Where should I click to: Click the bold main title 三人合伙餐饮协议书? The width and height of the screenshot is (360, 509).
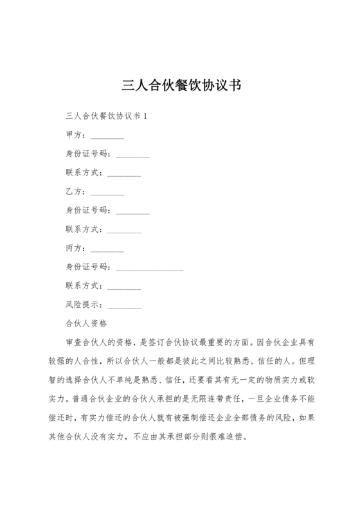click(x=180, y=85)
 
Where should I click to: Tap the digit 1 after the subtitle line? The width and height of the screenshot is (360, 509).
click(x=145, y=116)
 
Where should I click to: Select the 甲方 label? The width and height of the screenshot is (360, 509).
click(x=75, y=135)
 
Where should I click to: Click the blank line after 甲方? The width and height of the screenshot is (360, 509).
click(x=107, y=138)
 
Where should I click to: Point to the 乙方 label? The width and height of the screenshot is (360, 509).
click(x=75, y=192)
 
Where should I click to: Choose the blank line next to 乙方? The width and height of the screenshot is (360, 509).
click(x=107, y=194)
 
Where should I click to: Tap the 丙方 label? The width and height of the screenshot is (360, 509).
click(x=75, y=247)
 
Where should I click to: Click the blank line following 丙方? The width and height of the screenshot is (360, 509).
click(x=107, y=250)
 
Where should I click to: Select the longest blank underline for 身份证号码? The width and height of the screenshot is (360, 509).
click(x=149, y=269)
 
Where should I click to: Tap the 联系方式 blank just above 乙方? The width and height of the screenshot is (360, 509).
click(x=124, y=175)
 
